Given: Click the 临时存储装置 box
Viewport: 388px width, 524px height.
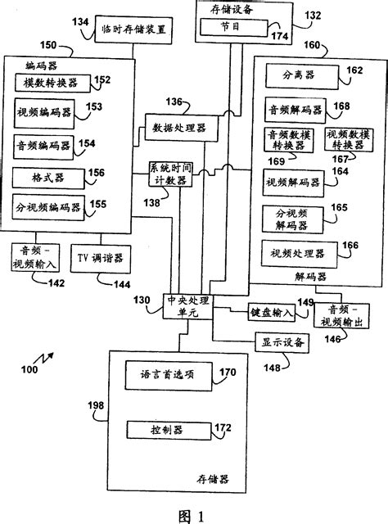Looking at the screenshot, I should (x=133, y=28).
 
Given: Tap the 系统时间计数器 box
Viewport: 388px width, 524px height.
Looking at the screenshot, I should (x=172, y=174).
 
